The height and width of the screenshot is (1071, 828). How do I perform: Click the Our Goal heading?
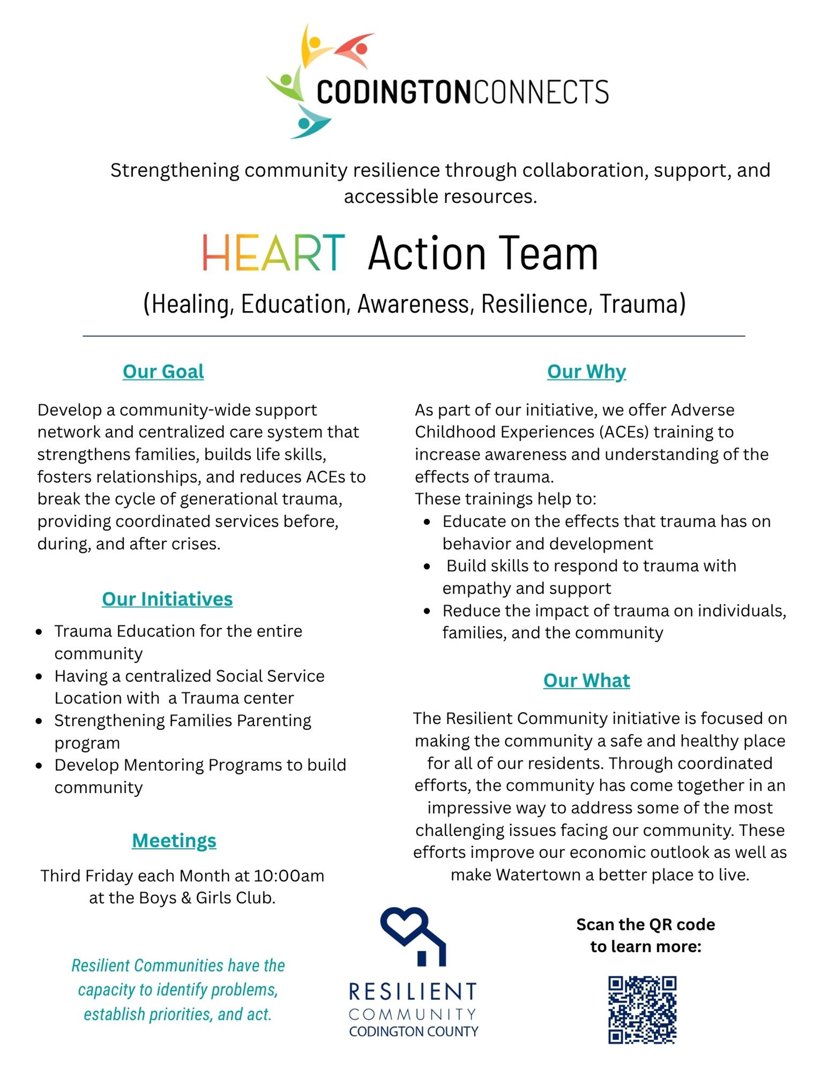[x=163, y=371]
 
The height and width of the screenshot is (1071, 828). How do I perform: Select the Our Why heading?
[x=586, y=371]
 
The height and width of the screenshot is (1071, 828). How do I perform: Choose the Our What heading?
[x=586, y=680]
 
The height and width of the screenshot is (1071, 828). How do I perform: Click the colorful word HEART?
[x=274, y=253]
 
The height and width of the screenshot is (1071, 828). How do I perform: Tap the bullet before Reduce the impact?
[x=427, y=611]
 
